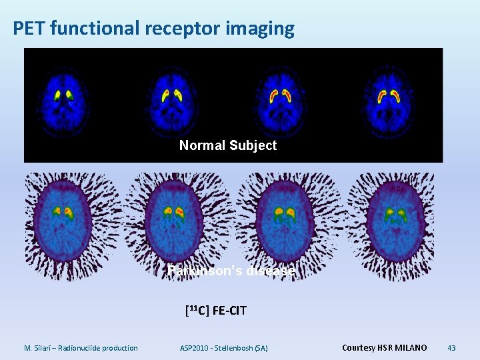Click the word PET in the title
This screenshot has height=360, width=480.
29,28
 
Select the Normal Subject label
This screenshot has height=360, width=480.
228,145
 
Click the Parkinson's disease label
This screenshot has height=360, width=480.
231,271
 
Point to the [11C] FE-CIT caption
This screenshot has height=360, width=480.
215,310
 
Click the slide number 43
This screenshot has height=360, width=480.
451,347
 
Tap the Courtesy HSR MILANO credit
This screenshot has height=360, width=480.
384,347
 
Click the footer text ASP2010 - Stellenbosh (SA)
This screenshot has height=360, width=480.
224,347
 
